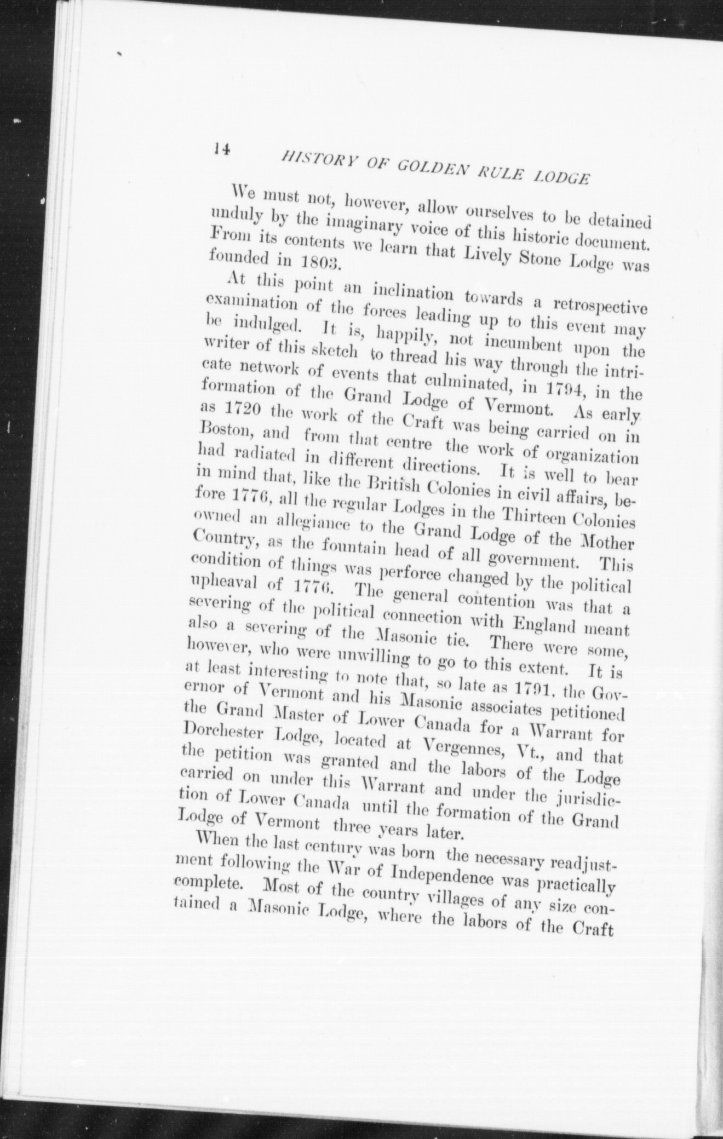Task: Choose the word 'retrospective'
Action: click(x=601, y=305)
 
